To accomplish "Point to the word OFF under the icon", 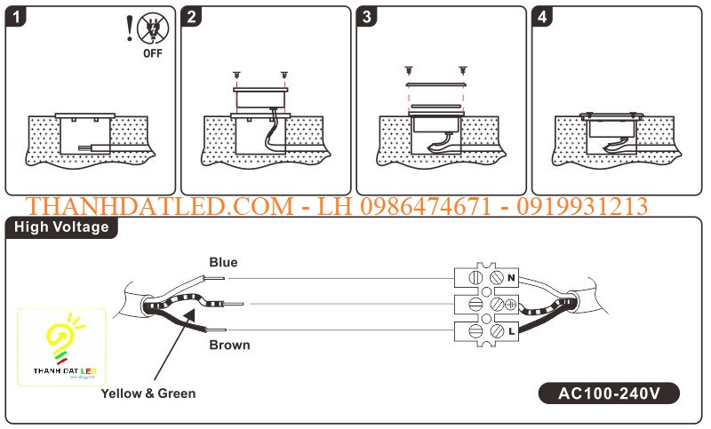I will click(x=153, y=53).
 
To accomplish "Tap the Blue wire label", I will click(x=223, y=262).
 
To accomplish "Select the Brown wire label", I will click(x=229, y=345).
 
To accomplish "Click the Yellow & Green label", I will click(x=148, y=393).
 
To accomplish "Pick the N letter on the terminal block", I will click(x=511, y=278).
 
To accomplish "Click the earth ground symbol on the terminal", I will click(x=511, y=305).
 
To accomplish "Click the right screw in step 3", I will click(x=462, y=68).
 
